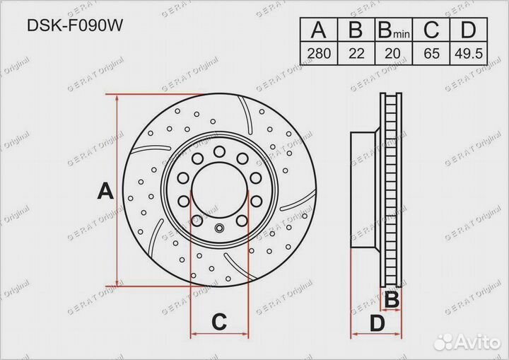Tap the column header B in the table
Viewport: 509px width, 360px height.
(356, 30)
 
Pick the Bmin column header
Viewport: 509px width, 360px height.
(392, 31)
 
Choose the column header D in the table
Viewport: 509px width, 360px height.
(467, 30)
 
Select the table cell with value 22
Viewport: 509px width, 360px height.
(356, 53)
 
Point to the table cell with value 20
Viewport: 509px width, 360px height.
(392, 53)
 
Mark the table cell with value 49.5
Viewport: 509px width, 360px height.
(467, 53)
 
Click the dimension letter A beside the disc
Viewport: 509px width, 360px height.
(105, 191)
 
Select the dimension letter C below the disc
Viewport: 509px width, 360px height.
(219, 323)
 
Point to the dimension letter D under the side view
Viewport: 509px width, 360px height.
(377, 324)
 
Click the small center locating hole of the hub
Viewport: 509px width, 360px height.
(218, 228)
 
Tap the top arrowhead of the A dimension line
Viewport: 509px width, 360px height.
(117, 98)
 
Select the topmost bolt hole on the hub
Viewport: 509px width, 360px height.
(218, 150)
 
